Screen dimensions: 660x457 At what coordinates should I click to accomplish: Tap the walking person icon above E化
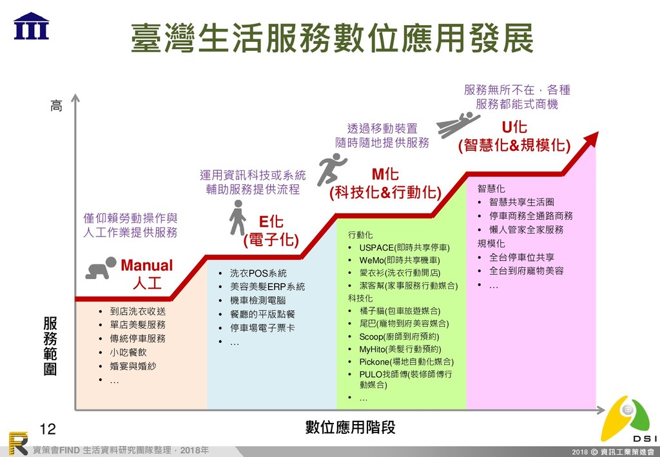click(237, 217)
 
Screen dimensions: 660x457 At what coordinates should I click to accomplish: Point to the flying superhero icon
click(458, 123)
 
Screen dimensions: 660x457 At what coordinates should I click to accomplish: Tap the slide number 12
click(48, 429)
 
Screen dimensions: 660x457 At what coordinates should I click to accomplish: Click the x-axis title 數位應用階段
click(350, 427)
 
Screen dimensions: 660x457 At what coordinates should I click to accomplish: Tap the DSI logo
click(625, 420)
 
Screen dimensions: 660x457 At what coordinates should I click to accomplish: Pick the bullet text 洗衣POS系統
click(258, 273)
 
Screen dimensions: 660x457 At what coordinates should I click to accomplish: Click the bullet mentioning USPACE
click(404, 248)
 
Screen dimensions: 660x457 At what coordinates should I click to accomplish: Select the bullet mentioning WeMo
click(400, 260)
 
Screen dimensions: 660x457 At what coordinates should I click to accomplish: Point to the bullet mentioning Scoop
click(399, 336)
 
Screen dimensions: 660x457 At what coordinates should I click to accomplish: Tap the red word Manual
click(147, 266)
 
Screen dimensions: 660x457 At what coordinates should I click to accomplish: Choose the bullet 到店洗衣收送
click(137, 311)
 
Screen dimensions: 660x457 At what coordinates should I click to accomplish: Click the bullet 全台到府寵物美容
click(526, 271)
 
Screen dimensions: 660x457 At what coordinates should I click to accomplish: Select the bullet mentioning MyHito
click(400, 349)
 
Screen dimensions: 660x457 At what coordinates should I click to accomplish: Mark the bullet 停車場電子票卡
click(262, 328)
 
